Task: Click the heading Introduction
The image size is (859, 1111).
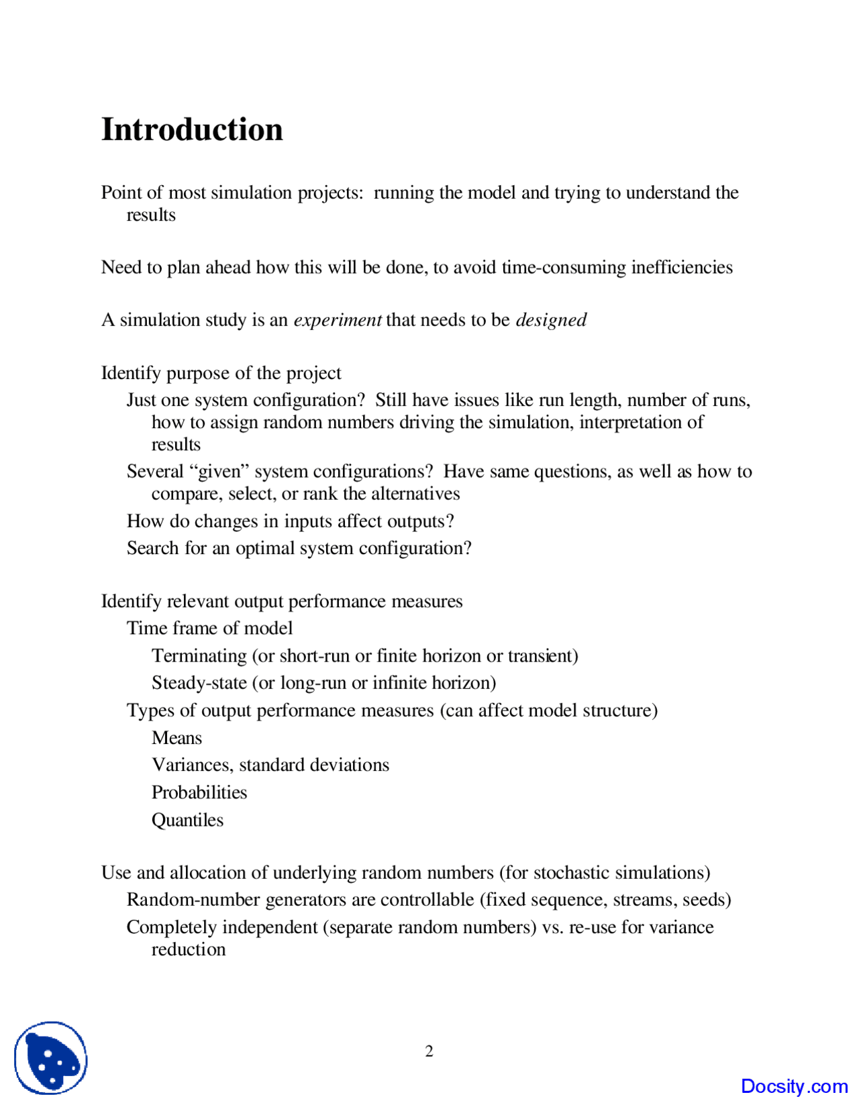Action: pos(192,129)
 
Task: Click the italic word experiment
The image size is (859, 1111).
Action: pos(338,320)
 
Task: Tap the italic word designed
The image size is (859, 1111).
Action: pos(551,320)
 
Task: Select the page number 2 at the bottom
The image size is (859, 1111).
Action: pos(429,1051)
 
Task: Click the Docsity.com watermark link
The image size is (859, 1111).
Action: pos(794,1086)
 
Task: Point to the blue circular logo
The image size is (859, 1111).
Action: pos(51,1058)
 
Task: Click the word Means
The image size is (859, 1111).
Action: pos(176,738)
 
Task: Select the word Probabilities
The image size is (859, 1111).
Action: pos(199,792)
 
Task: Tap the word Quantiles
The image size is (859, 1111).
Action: pos(187,820)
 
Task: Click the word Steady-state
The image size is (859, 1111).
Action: pos(199,683)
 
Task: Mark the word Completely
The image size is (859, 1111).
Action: pos(172,927)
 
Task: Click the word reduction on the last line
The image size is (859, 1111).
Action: pos(189,949)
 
